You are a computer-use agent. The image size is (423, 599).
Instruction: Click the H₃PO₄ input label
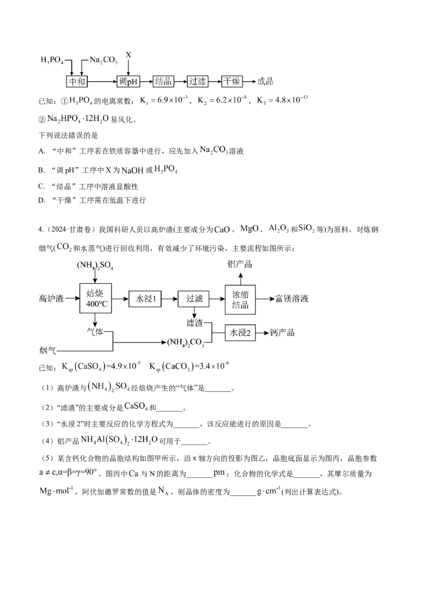tap(52, 61)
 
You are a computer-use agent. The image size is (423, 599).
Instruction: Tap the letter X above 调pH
tap(128, 55)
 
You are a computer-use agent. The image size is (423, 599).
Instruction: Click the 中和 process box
tap(76, 81)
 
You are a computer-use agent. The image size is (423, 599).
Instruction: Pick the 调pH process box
tap(128, 81)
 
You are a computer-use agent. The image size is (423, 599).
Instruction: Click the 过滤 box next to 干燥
tap(197, 81)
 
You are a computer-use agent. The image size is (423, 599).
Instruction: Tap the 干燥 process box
tap(232, 81)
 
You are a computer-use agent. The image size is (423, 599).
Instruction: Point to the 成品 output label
tap(265, 81)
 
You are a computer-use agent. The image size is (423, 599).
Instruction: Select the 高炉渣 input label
tap(51, 299)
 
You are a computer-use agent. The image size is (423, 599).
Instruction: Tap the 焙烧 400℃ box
tap(95, 299)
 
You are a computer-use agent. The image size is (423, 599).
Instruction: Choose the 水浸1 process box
tap(144, 299)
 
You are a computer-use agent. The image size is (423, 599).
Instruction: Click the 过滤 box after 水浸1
tap(191, 299)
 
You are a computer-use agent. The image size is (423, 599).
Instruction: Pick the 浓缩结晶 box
tap(241, 299)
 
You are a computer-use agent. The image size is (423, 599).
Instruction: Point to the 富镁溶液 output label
tap(292, 299)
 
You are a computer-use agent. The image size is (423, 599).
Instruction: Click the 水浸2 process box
tap(241, 333)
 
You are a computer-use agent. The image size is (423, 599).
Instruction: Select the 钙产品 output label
tap(282, 333)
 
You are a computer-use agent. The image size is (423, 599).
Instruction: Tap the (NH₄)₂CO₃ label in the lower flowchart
tap(186, 343)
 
